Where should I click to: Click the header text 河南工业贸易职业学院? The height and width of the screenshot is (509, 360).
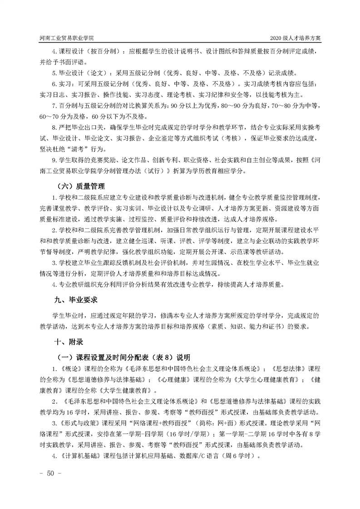pyautogui.click(x=67, y=38)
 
